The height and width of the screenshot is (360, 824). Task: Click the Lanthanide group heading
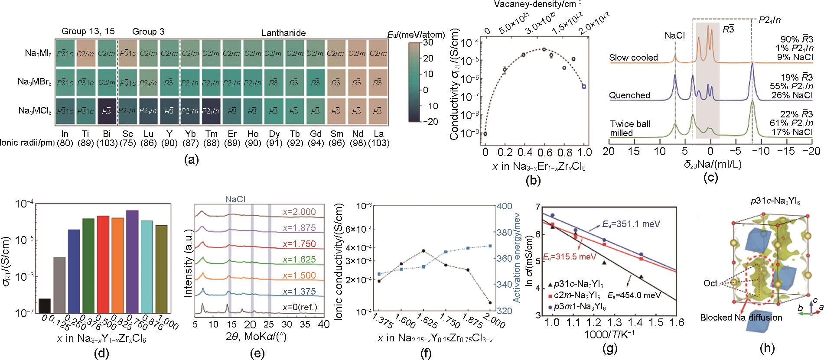click(x=283, y=32)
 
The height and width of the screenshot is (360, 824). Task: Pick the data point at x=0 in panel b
click(x=485, y=133)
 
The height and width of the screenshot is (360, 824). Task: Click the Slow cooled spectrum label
click(x=633, y=58)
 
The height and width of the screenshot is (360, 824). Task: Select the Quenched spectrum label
click(x=629, y=95)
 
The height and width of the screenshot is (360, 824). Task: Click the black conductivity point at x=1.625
click(x=423, y=251)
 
